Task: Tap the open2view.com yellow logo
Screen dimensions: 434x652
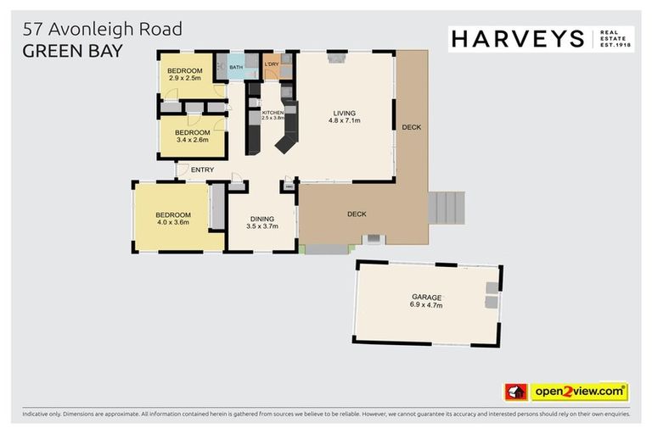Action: tap(580, 392)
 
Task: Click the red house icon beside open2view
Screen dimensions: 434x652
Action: tap(516, 392)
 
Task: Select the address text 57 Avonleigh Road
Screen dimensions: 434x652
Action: tap(103, 30)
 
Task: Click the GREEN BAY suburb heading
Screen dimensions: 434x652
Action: tap(72, 50)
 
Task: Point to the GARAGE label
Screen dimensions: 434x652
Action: tap(427, 297)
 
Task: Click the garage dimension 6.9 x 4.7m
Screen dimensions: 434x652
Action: tap(427, 305)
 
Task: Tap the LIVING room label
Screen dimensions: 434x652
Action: tap(344, 113)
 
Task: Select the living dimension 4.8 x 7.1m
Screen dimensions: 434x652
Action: tap(344, 121)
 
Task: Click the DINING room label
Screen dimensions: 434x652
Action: tap(261, 219)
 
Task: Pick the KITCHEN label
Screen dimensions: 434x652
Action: tap(273, 113)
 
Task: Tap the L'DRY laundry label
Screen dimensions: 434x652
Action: tap(273, 64)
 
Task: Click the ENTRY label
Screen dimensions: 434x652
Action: tap(202, 170)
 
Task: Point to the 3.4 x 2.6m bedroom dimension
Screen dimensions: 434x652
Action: tap(192, 142)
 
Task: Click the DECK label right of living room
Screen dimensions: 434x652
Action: tap(411, 127)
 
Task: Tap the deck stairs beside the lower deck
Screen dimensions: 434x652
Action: tap(447, 208)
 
